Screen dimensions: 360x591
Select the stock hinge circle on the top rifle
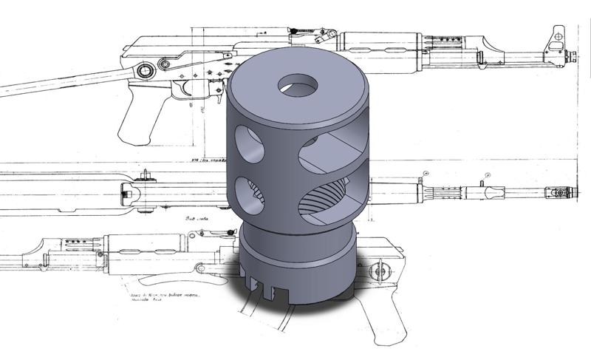(x=145, y=70)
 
